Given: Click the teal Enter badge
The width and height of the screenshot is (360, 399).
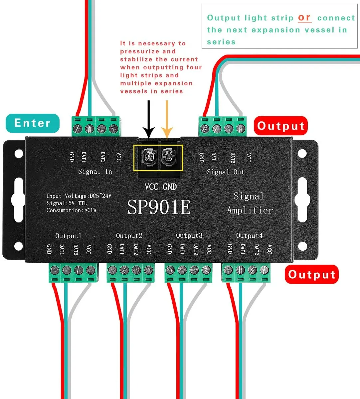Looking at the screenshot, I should click(x=33, y=123).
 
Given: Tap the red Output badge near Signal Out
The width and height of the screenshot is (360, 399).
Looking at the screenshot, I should click(x=280, y=126).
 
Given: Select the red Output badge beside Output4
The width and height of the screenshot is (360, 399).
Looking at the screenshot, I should click(x=311, y=274).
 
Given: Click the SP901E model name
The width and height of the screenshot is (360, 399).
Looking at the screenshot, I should click(x=159, y=207).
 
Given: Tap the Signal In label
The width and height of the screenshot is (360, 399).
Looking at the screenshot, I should click(x=95, y=172).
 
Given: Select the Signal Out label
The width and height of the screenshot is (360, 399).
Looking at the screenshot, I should click(x=226, y=172).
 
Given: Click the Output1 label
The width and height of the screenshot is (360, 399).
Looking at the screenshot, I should click(x=68, y=236).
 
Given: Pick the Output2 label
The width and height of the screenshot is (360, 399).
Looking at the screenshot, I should click(x=129, y=236).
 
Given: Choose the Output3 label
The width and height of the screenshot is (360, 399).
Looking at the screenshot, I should click(x=189, y=235).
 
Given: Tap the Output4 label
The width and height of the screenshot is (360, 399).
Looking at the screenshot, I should click(x=249, y=235).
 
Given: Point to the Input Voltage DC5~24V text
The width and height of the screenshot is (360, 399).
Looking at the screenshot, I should click(x=79, y=196).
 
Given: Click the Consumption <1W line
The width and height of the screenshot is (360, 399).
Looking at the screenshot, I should click(x=71, y=210).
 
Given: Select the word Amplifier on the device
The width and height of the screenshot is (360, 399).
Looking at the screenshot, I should click(x=250, y=210).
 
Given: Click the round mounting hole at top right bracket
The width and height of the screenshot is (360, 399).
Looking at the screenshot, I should click(x=302, y=154).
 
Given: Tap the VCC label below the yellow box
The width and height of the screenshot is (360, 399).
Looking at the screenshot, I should click(x=151, y=187).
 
